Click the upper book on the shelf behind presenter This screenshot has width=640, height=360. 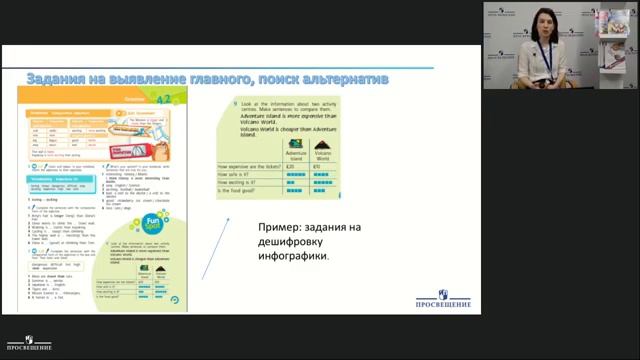click(612, 23)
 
